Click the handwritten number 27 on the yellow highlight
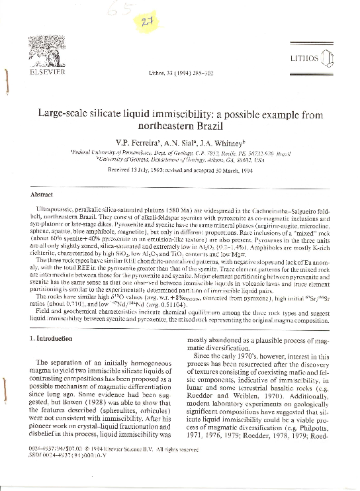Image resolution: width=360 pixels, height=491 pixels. tap(159, 22)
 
